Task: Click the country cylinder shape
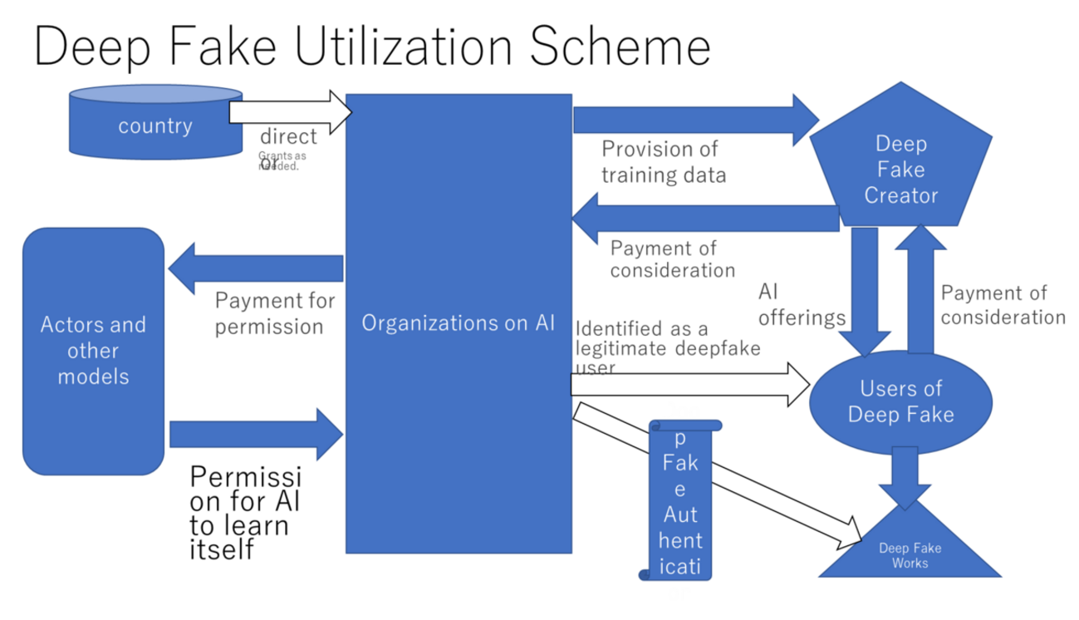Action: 154,125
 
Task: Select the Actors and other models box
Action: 93,350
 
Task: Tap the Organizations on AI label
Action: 458,322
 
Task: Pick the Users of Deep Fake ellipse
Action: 900,401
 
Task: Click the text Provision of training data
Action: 663,162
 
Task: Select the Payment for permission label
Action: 274,313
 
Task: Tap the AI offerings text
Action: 802,305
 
